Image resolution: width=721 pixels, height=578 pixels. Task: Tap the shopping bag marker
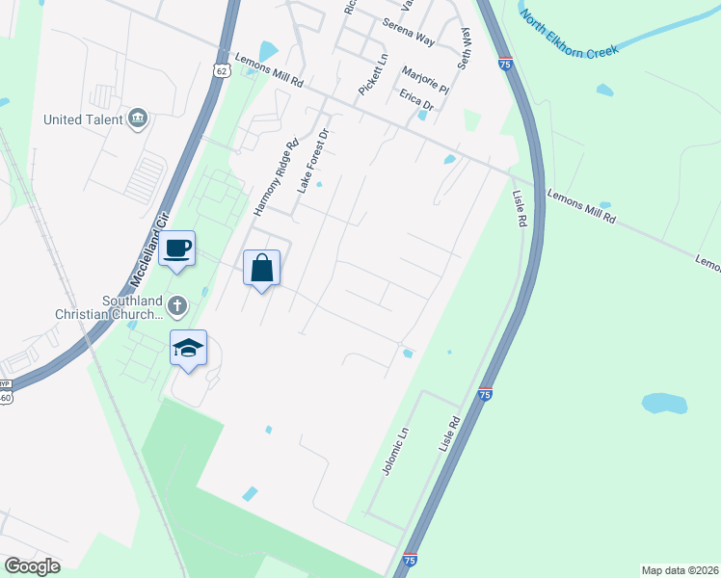point(262,268)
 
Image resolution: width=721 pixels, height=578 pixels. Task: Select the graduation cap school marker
point(189,349)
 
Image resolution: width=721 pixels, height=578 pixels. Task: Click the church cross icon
point(176,306)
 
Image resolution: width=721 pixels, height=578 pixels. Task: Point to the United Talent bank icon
point(137,118)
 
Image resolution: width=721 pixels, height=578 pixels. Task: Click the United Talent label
point(83,119)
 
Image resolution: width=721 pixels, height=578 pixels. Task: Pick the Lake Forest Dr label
point(312,160)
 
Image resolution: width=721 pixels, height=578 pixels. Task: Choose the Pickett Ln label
point(372,74)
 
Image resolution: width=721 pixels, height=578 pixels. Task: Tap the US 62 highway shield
point(222,70)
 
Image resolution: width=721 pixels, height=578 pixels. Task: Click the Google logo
point(32,565)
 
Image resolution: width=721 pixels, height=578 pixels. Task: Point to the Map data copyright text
point(680,570)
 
